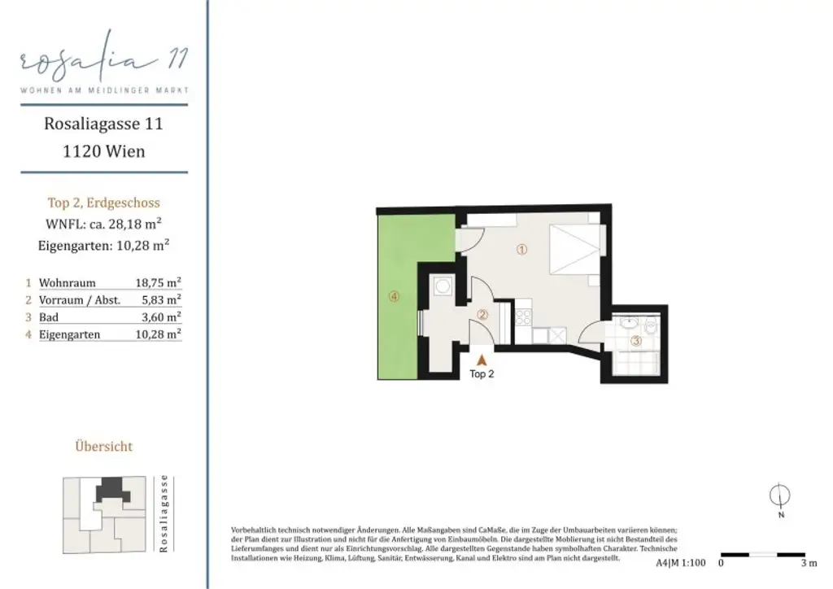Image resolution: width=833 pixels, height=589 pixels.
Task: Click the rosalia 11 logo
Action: pos(103,63)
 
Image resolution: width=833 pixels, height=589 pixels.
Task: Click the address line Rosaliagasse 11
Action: pos(103,124)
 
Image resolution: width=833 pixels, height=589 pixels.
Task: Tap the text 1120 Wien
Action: pos(103,151)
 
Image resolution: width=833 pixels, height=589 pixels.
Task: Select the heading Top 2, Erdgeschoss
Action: pos(103,203)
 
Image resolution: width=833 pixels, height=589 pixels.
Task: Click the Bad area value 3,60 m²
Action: pos(164,317)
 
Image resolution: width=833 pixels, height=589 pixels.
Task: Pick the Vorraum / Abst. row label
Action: pos(80,300)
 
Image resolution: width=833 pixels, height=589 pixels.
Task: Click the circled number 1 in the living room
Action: pos(522,251)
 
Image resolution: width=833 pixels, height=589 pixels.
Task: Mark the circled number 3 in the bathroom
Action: pos(637,342)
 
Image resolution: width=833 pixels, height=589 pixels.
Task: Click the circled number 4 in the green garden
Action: pos(395,297)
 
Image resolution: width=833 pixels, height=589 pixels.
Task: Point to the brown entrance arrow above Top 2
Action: pos(482,357)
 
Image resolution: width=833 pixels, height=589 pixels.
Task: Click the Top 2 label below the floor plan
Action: pos(482,374)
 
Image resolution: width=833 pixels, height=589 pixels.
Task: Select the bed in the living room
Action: pos(575,247)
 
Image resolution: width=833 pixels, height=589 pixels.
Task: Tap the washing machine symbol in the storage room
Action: pos(442,287)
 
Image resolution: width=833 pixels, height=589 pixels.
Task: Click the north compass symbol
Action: pos(780,495)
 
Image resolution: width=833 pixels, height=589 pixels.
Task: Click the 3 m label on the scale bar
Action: pos(809,562)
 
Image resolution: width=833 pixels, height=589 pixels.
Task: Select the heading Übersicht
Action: pos(103,447)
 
